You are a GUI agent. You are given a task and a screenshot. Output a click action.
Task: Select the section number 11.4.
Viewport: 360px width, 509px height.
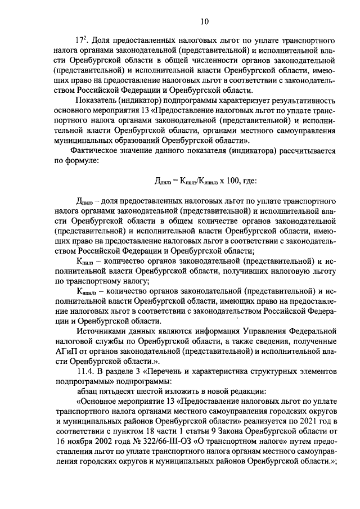[85, 372]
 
